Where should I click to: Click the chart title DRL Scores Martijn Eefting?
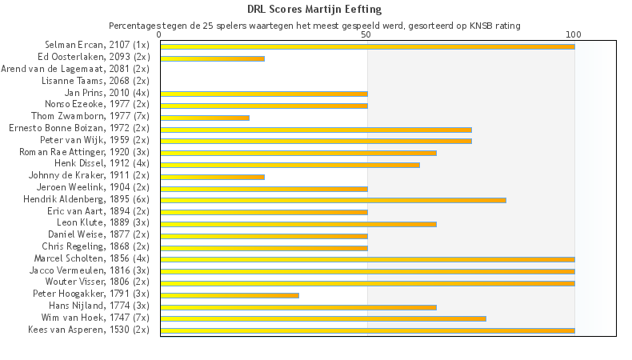314,10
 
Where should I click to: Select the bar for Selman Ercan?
367,46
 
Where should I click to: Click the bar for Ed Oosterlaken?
212,58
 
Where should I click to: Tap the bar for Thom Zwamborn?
205,118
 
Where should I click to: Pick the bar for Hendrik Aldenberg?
333,200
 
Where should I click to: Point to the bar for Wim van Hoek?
323,318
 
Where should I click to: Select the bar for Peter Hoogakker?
230,295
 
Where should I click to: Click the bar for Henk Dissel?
290,165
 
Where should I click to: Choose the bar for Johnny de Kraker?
212,177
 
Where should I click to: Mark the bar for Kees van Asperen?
367,330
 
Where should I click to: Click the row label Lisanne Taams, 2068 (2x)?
95,81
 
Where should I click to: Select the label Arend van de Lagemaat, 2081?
76,69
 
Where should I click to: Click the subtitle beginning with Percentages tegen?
314,26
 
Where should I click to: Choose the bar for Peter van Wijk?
316,141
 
